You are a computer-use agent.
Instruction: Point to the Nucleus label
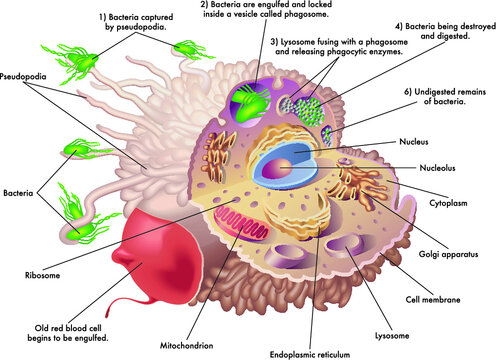pyautogui.click(x=415, y=142)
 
